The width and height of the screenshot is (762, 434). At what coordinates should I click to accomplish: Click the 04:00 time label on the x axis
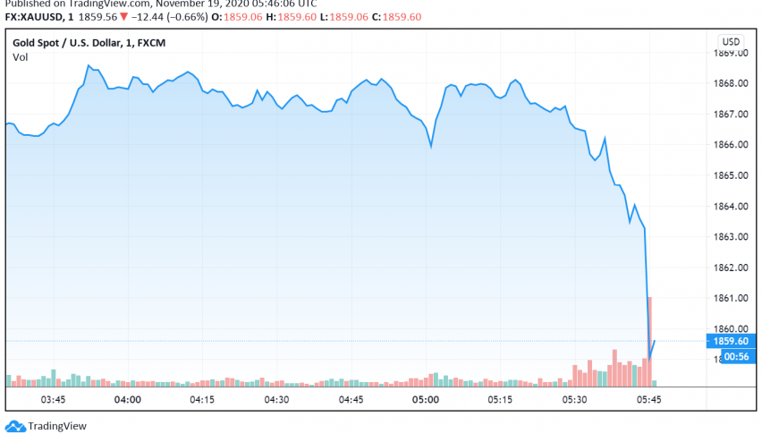pos(127,399)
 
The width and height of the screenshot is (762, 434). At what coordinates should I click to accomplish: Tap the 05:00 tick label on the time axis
pos(425,399)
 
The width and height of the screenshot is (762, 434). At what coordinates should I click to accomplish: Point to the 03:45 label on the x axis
pos(53,399)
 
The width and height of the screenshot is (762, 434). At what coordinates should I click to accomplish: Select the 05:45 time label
pos(648,399)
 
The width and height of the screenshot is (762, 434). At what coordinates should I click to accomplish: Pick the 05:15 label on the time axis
pos(499,399)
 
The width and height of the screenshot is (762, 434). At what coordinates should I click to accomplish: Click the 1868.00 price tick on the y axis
pos(732,83)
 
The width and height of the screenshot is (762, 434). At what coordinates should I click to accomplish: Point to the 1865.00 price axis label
pos(732,175)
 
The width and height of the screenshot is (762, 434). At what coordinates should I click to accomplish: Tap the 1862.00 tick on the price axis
pos(732,267)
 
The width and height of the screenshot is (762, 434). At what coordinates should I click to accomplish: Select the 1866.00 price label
pos(732,144)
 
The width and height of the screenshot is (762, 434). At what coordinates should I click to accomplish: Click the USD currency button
pos(731,41)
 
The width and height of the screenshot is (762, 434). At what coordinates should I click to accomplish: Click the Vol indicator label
pos(20,57)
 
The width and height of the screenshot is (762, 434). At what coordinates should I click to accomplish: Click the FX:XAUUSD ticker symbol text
pos(33,17)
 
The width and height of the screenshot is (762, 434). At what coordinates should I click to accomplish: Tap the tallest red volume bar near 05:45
pos(649,340)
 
